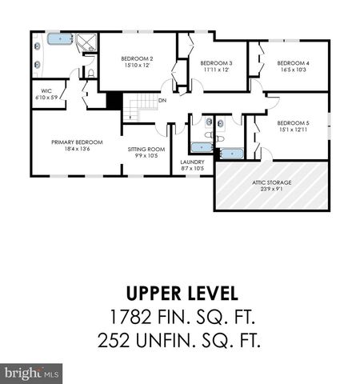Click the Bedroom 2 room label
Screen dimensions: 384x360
point(137,58)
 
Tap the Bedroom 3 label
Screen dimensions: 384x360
point(216,63)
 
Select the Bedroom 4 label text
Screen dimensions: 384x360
point(293,63)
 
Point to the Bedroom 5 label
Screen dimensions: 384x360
point(293,122)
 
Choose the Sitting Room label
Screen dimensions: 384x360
point(146,149)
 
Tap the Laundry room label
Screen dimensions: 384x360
point(192,162)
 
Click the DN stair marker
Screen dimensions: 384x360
point(162,100)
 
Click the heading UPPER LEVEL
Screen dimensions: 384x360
point(180,293)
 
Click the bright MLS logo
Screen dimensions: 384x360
point(32,373)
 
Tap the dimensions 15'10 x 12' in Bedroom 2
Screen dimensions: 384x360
point(137,66)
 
